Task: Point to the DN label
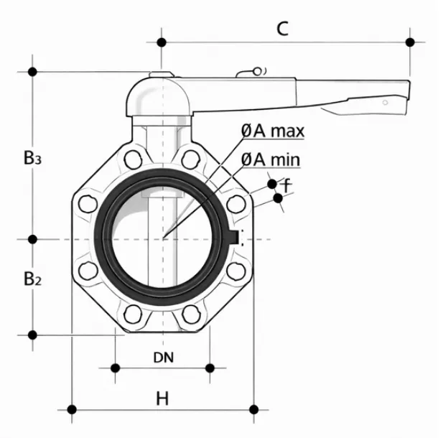(163, 356)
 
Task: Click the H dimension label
(162, 397)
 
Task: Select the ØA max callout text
(273, 131)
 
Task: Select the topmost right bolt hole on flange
(190, 159)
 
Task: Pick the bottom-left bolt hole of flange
(134, 314)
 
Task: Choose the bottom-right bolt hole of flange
(190, 314)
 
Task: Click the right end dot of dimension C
(410, 42)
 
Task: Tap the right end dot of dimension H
(253, 409)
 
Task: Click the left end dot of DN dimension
(115, 368)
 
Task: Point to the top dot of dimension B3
(32, 71)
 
